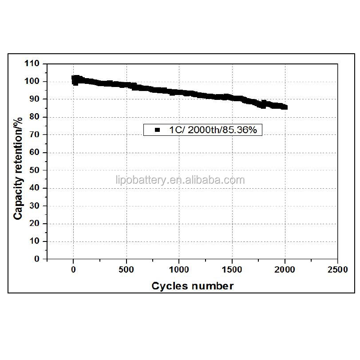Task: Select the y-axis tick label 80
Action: click(x=36, y=117)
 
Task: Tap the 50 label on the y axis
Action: click(x=36, y=170)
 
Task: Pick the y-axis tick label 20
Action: click(x=36, y=223)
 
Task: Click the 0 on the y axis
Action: click(x=38, y=259)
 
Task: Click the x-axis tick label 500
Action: click(x=127, y=269)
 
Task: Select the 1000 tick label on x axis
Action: click(x=179, y=269)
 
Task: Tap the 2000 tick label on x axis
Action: click(x=285, y=269)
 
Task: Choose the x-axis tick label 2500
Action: click(x=337, y=269)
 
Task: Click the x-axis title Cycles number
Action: click(x=192, y=286)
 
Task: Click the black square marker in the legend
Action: click(x=157, y=130)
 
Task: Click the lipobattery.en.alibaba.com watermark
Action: click(x=179, y=180)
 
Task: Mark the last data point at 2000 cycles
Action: click(x=285, y=107)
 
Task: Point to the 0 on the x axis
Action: click(x=74, y=269)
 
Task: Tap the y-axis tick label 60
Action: click(x=36, y=152)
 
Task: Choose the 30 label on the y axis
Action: click(x=36, y=206)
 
